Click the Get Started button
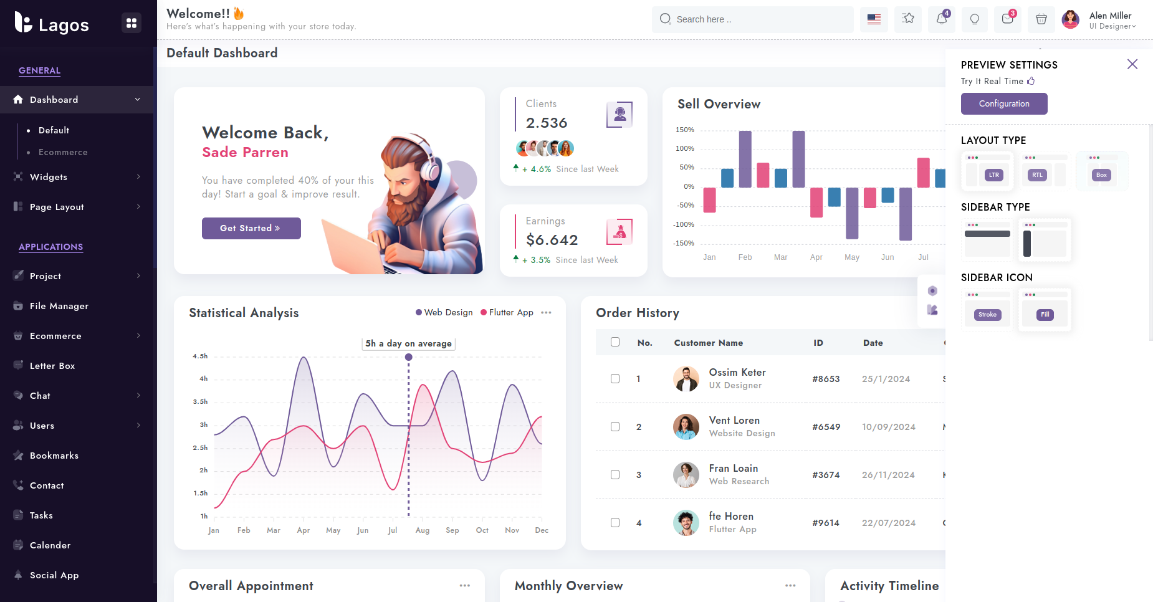251,228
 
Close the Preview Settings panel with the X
1132,64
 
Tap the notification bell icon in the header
942,19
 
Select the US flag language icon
874,19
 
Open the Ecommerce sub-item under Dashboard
63,152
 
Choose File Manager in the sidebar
59,306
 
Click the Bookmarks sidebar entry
54,456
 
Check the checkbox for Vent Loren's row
615,427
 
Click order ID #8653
826,379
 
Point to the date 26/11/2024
888,475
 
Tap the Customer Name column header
709,343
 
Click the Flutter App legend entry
507,312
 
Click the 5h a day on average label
408,343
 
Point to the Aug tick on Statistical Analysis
423,530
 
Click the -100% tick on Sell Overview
685,224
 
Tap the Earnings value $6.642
552,240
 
